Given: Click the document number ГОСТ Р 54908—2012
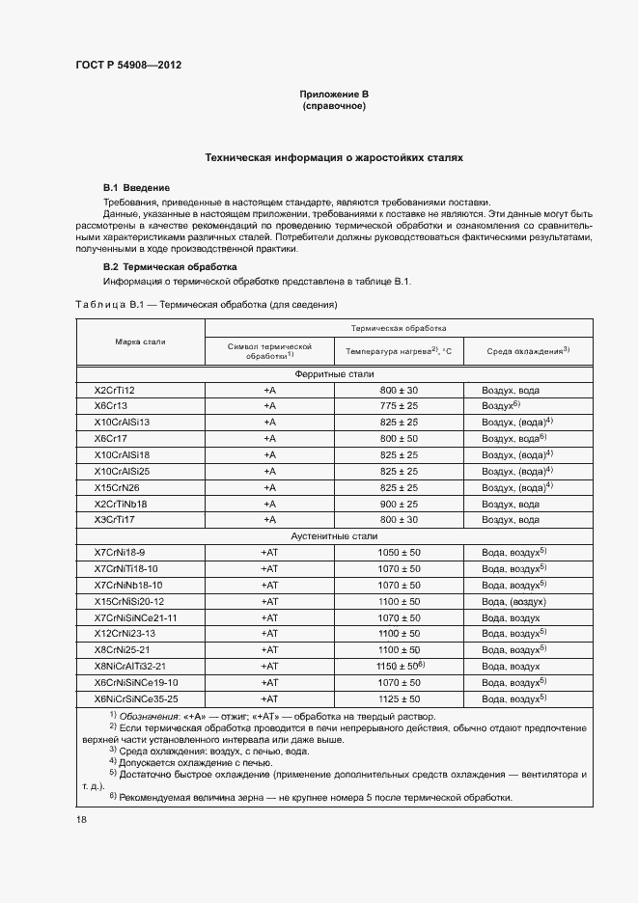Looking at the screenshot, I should click(x=128, y=65).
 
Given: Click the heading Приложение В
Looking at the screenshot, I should click(x=334, y=94).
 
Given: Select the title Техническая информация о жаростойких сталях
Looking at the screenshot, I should click(x=334, y=155).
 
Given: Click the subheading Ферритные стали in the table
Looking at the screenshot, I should click(x=334, y=373).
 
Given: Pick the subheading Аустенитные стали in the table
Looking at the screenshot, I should click(x=334, y=534).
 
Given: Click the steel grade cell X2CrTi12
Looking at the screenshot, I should click(x=114, y=389).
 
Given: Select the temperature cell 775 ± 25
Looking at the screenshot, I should click(x=399, y=405).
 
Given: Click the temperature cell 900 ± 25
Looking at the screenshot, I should click(x=399, y=504).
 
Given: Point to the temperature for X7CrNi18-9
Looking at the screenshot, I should click(x=399, y=552).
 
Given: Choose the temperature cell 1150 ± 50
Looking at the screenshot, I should click(x=399, y=666).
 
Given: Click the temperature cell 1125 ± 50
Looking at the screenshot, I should click(x=399, y=698).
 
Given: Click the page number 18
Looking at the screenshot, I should click(x=81, y=819).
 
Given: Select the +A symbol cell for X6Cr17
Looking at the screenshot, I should click(x=269, y=438).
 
